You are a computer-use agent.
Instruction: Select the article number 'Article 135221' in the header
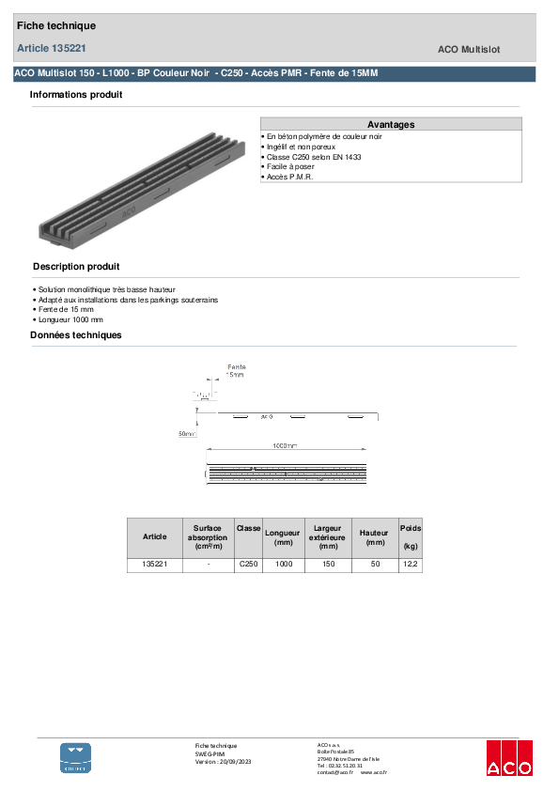point(53,47)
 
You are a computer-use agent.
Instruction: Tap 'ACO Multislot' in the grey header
point(474,49)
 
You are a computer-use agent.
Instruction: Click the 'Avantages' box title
point(391,124)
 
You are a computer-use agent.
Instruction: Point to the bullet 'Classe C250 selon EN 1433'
point(314,157)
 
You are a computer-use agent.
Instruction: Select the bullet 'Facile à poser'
point(292,166)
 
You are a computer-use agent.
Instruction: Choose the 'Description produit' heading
point(76,267)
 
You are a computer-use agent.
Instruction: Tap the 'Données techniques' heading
point(75,335)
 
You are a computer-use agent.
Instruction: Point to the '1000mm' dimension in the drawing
point(285,445)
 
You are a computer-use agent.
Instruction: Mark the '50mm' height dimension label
point(187,434)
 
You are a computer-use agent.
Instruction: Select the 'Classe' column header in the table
point(248,529)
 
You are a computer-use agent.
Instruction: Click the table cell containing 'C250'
point(248,565)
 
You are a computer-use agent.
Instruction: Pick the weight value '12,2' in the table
point(411,565)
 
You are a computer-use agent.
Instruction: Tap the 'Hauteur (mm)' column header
point(375,537)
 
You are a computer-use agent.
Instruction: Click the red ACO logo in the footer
point(508,758)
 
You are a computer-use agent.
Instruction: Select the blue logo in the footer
point(76,757)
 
